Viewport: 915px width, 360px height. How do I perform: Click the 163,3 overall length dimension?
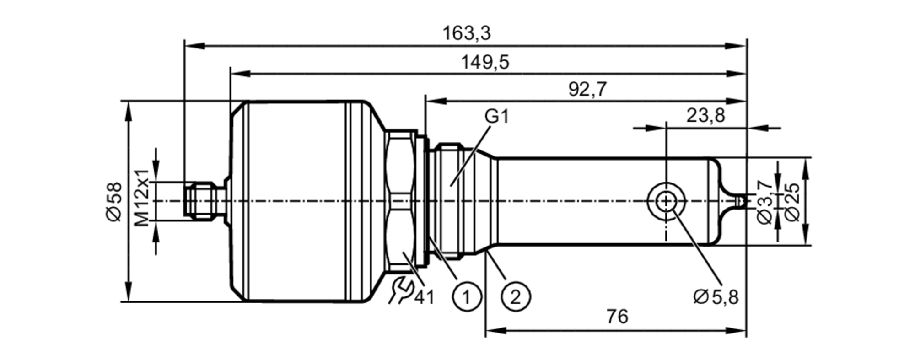(466, 33)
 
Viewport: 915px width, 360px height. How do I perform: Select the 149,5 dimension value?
(484, 62)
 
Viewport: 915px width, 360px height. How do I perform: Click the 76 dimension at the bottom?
(617, 317)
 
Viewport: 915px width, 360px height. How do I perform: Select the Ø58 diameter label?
(115, 201)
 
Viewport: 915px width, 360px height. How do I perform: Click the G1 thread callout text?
(496, 117)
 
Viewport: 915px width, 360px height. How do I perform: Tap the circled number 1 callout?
(467, 297)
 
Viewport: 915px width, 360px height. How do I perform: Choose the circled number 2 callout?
(516, 297)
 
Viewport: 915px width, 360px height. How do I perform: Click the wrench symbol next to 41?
(401, 290)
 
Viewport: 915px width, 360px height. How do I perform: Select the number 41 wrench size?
(424, 298)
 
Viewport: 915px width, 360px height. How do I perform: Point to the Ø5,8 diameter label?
(716, 297)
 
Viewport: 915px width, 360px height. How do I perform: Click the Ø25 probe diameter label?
(792, 201)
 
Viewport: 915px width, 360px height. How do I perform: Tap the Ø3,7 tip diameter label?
(765, 201)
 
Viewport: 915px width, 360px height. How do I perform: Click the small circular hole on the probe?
(666, 201)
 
